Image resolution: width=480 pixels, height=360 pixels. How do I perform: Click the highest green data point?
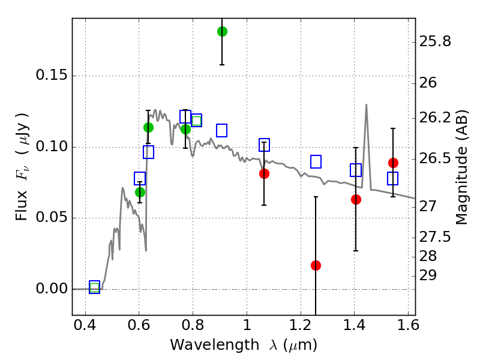tap(222, 31)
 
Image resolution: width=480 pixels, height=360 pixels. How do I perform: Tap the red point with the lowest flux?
tap(316, 265)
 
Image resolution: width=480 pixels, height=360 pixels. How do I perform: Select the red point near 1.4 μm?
tap(356, 199)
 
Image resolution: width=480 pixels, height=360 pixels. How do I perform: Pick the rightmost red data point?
tap(393, 163)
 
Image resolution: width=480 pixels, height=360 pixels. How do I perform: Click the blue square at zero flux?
tap(94, 287)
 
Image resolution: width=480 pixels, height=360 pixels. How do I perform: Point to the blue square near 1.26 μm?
tap(316, 161)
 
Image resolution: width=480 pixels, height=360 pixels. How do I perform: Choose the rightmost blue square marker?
tap(392, 178)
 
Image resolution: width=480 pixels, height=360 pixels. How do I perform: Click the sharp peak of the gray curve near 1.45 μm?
tap(366, 104)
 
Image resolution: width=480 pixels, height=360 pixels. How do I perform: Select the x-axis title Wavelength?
tap(243, 345)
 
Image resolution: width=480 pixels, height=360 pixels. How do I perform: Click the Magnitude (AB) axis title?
tap(461, 167)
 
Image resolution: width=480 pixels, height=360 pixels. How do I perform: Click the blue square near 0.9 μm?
tap(221, 130)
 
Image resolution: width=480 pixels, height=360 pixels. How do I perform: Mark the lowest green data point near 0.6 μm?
tap(140, 192)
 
